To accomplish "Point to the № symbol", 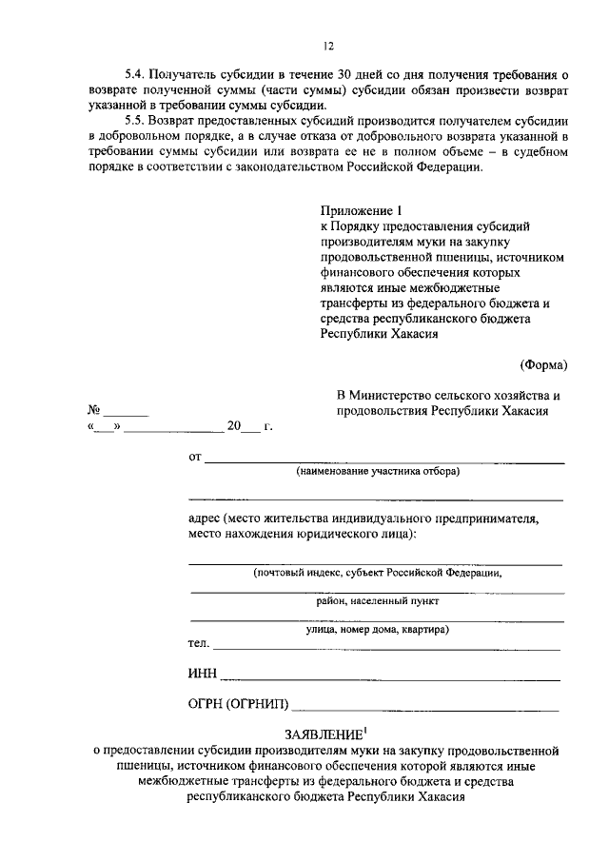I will tap(94, 411).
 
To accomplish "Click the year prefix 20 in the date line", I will tap(234, 427).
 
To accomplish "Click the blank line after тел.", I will tap(385, 648).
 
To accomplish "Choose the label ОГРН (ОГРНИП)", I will tap(240, 705).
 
